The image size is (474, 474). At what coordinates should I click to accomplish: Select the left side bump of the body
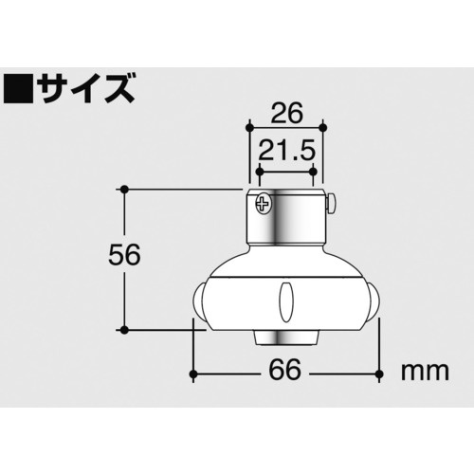point(200,302)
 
